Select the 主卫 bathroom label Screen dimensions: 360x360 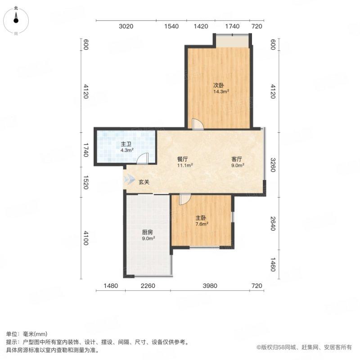[x=126, y=144]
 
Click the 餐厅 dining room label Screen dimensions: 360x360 [x=182, y=159]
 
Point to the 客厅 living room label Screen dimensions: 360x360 [x=237, y=159]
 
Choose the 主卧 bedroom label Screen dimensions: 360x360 [x=201, y=217]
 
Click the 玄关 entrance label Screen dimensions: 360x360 [x=144, y=182]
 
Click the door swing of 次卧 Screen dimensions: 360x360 [x=197, y=125]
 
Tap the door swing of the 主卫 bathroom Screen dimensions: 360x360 [x=143, y=158]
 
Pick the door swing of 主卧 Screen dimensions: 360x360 [x=184, y=199]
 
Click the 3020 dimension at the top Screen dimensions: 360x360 [x=126, y=27]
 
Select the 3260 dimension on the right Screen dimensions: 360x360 [x=272, y=162]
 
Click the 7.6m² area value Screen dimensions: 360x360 [x=201, y=224]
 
